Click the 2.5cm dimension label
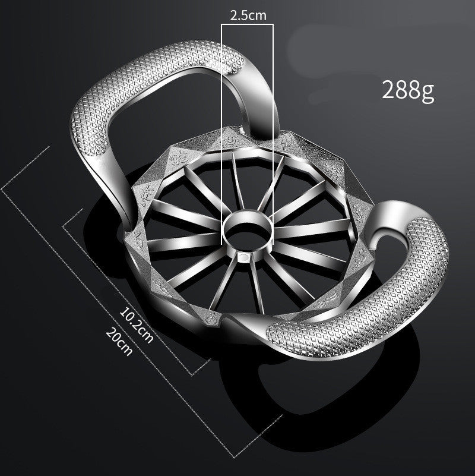[x=248, y=16]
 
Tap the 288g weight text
[x=408, y=90]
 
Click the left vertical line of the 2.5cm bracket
[x=222, y=131]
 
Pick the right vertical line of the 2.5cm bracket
[x=273, y=131]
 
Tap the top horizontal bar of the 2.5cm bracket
[x=248, y=25]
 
